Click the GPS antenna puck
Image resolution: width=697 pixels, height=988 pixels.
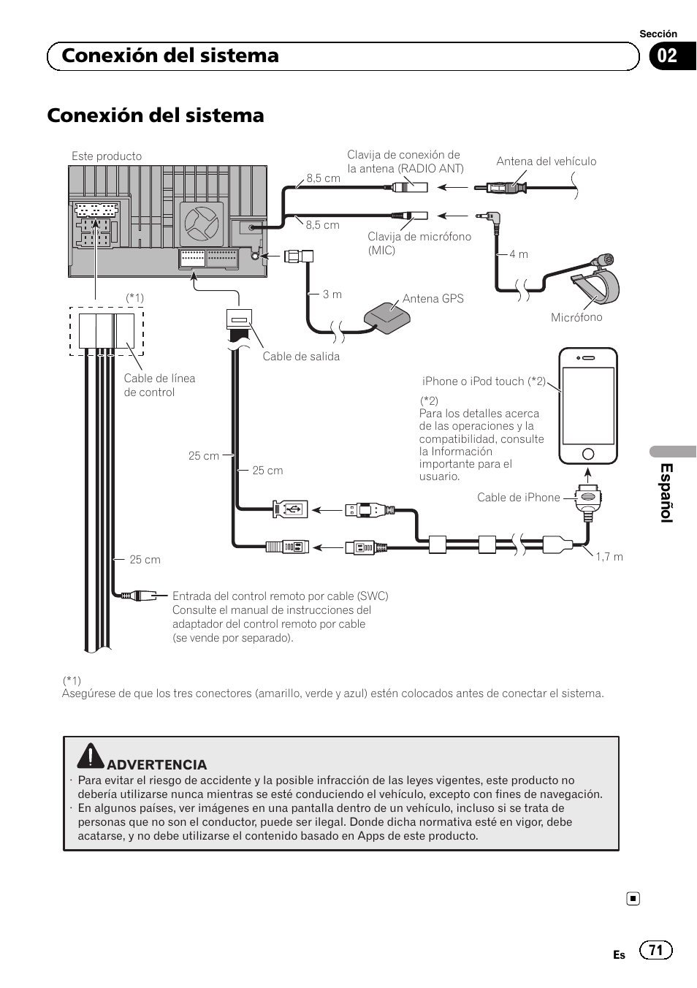tap(387, 315)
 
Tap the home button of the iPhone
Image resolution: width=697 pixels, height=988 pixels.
tap(587, 453)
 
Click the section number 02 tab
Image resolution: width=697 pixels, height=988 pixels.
tap(668, 56)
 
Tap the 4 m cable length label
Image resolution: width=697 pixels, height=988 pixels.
tap(519, 254)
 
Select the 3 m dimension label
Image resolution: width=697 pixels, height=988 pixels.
tap(332, 294)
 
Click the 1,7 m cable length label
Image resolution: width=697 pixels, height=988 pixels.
tap(609, 557)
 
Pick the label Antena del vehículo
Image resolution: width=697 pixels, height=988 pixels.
tap(546, 161)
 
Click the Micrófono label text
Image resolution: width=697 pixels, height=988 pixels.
tap(576, 316)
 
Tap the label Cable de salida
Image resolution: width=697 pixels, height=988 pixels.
tap(301, 356)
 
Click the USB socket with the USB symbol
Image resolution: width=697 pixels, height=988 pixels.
tap(290, 509)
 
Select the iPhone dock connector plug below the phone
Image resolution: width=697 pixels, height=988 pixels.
tap(588, 498)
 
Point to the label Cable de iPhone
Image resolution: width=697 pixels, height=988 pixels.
tap(519, 497)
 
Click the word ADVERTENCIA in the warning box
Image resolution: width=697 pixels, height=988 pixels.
tap(156, 764)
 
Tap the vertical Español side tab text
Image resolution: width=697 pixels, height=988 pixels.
tap(666, 493)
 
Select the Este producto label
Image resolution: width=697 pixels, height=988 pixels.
tap(107, 156)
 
